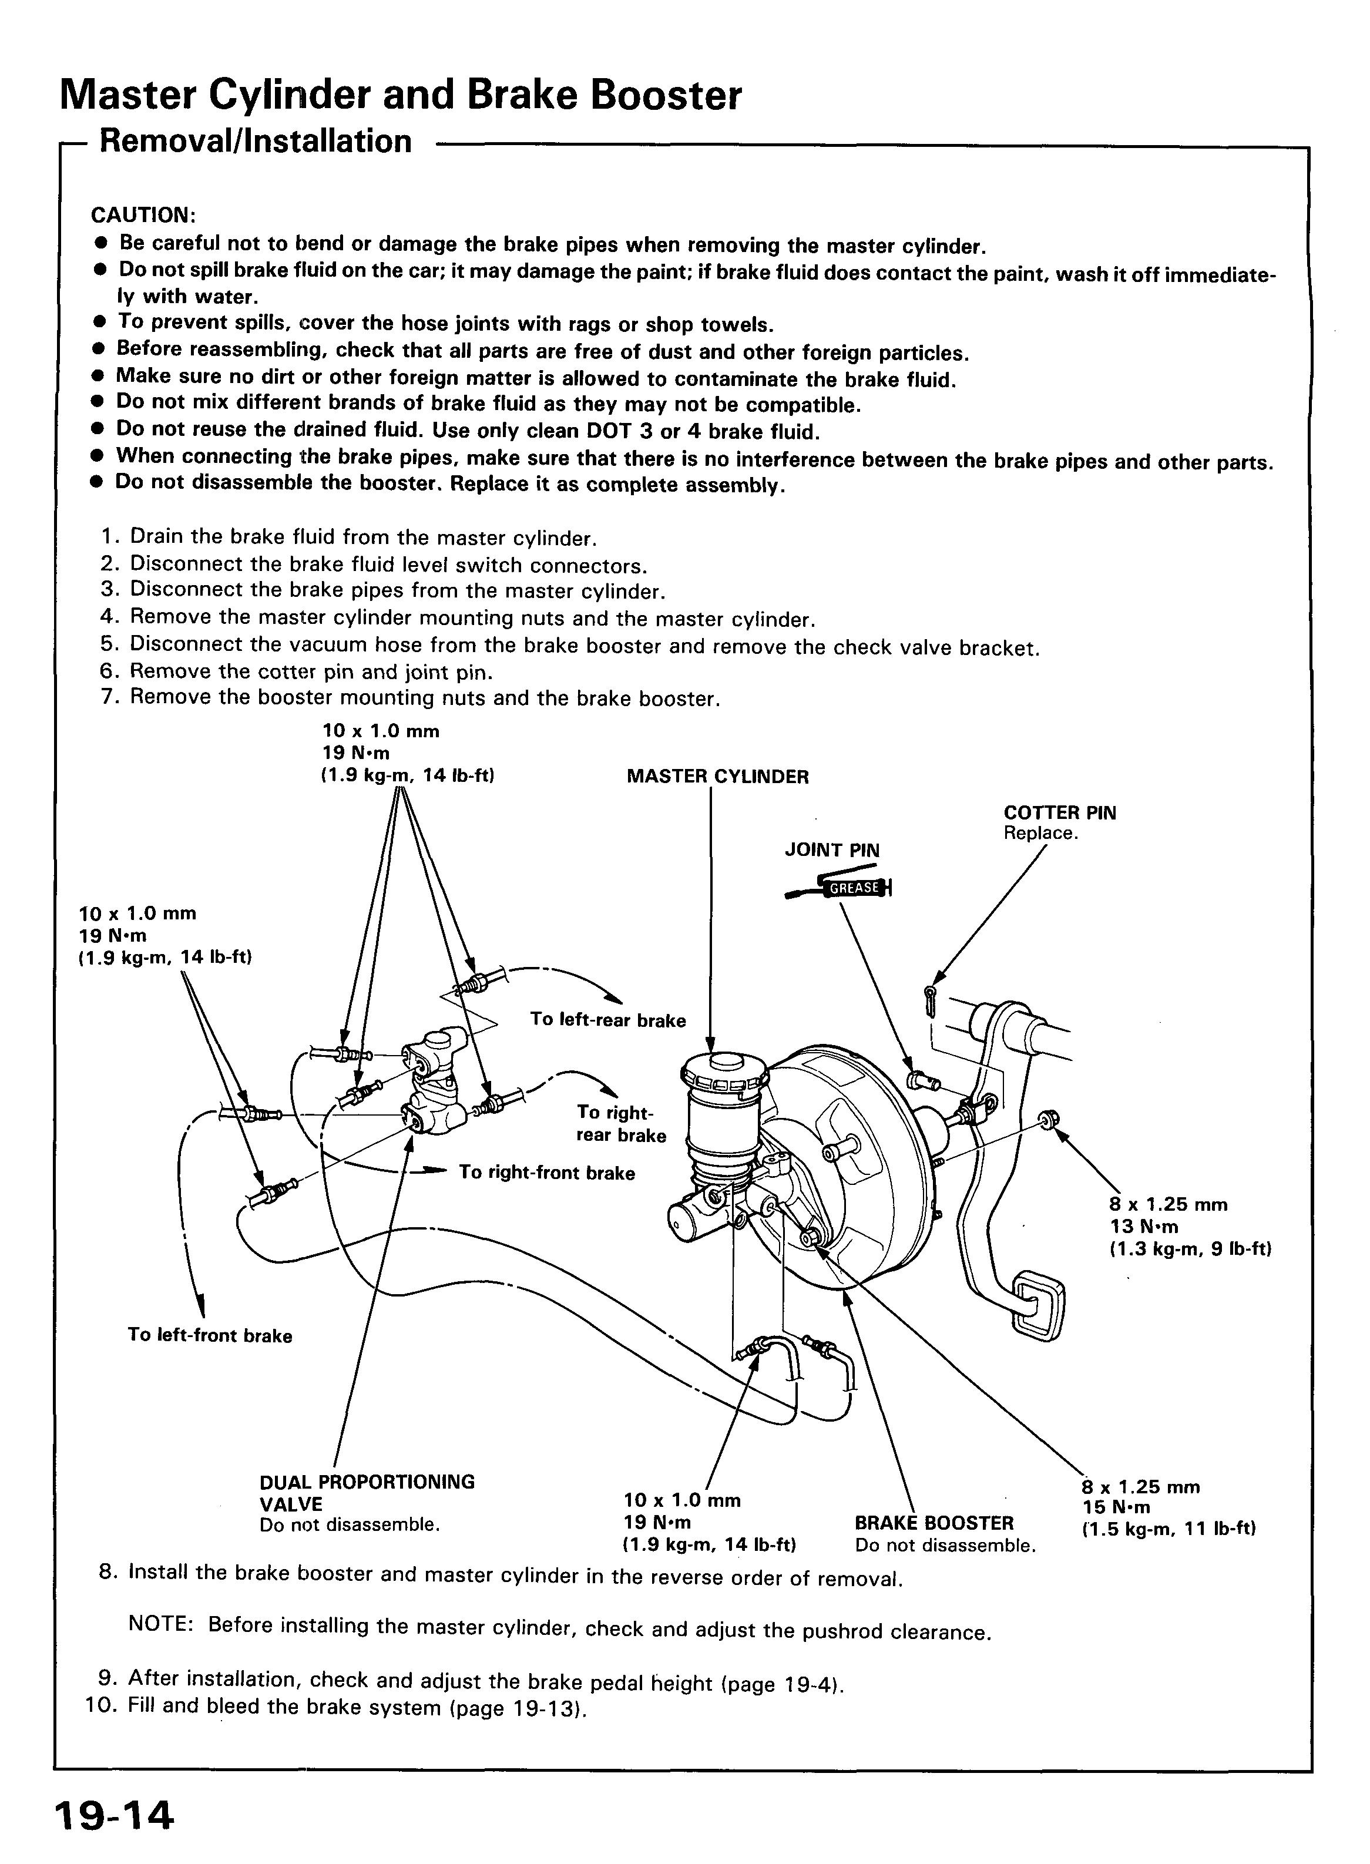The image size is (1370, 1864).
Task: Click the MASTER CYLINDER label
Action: tap(717, 777)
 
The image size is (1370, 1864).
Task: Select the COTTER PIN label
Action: tap(1059, 812)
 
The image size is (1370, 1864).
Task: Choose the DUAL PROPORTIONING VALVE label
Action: tap(367, 1493)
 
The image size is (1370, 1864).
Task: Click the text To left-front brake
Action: tap(210, 1335)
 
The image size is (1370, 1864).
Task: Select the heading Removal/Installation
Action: tap(256, 142)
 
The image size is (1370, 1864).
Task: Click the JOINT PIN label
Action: tap(832, 850)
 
